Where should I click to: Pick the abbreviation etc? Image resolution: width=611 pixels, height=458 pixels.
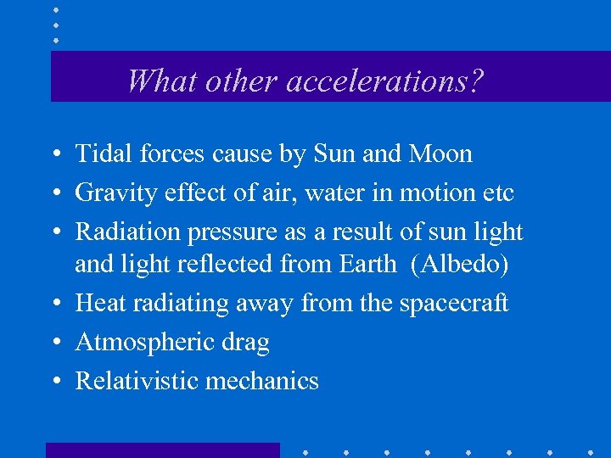click(x=496, y=193)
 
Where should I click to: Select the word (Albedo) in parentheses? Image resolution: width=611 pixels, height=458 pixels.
click(x=459, y=265)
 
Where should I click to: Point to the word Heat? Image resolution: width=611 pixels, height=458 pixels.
click(x=98, y=303)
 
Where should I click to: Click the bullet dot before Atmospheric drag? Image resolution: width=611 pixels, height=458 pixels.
click(x=53, y=343)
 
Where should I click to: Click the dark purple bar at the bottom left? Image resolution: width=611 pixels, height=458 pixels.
click(x=162, y=450)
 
